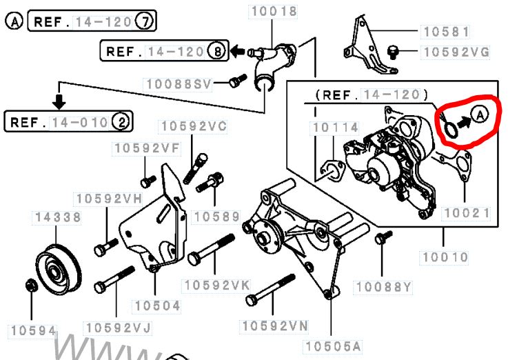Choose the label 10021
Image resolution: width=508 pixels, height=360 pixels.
[x=466, y=213]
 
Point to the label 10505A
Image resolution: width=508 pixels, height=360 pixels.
[x=334, y=344]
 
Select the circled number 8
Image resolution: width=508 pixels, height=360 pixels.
[x=216, y=50]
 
